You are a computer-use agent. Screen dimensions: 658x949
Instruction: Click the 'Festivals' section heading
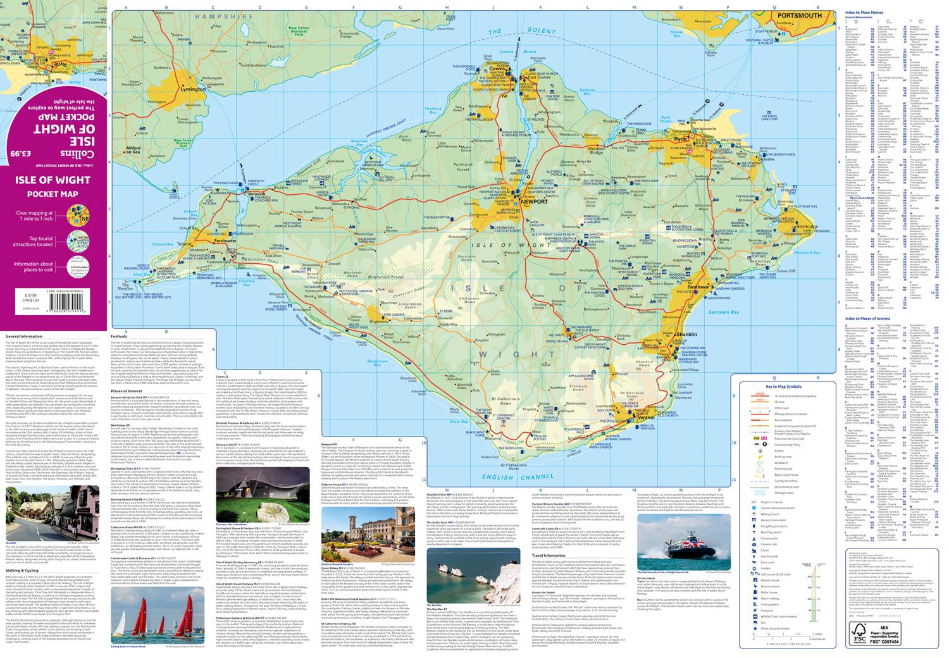click(119, 337)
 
